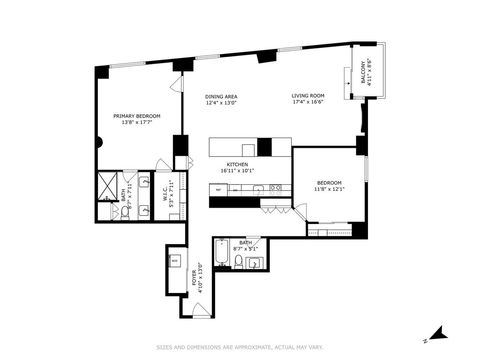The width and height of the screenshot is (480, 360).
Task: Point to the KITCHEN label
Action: click(237, 164)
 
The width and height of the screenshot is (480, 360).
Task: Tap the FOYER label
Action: click(193, 279)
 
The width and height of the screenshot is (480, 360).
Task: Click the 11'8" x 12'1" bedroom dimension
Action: click(330, 189)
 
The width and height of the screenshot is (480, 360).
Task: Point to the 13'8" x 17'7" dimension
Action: click(137, 123)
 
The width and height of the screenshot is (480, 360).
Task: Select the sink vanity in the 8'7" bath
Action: click(254, 263)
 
